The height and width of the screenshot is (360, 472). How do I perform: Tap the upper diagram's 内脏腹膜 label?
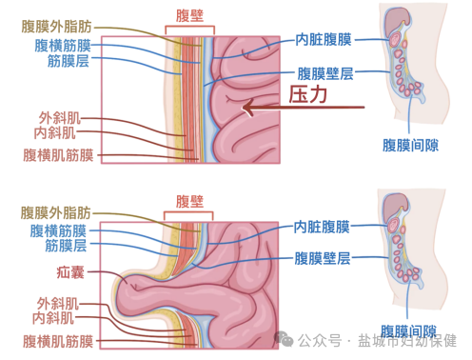coord(324,39)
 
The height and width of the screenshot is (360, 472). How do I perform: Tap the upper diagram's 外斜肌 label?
coord(56,117)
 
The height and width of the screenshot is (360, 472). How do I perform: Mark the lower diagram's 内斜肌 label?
coord(56,316)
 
